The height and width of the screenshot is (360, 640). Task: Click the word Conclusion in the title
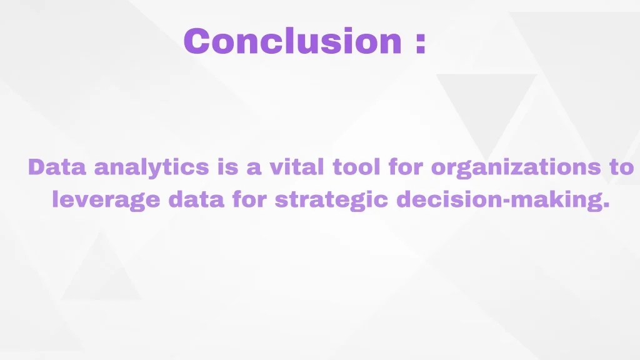pos(292,41)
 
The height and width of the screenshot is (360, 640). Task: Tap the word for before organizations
pos(406,167)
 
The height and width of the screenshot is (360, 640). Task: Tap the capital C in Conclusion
pos(197,41)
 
